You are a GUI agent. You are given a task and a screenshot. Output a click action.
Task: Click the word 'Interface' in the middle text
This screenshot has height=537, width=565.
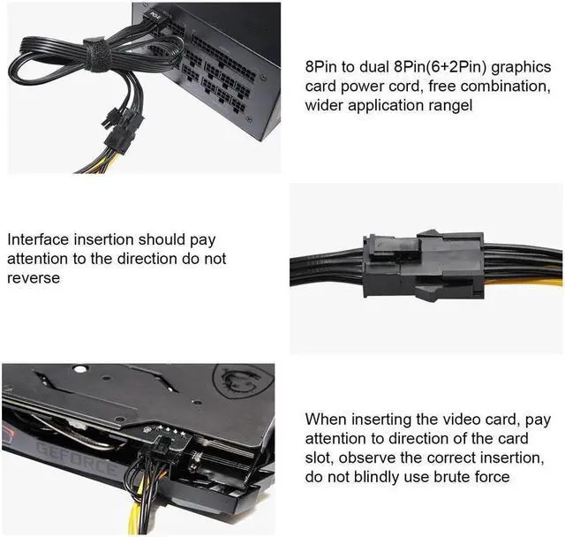tap(36, 240)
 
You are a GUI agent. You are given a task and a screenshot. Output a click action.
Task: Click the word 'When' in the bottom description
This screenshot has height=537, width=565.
tap(326, 420)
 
